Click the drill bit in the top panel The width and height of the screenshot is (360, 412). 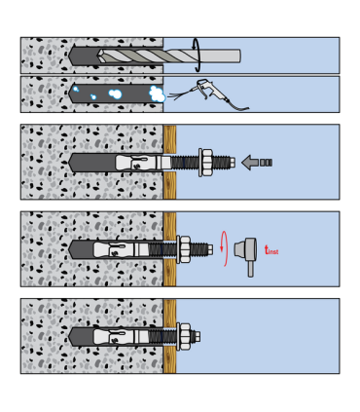tap(168, 56)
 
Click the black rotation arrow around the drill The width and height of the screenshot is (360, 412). tap(198, 55)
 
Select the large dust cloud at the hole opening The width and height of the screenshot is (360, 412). tap(157, 94)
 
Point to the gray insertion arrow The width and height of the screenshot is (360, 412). tap(257, 162)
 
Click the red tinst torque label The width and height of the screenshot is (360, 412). tap(271, 250)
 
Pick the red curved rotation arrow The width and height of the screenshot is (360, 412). tap(224, 248)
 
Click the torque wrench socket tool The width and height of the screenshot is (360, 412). tap(246, 254)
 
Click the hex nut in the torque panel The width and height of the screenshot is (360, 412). tap(185, 249)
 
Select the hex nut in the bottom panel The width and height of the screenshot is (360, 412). tap(185, 337)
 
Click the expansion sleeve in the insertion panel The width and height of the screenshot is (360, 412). tap(143, 163)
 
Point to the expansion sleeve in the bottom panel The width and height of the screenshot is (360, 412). tap(122, 337)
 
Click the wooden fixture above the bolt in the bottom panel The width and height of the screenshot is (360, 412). tap(169, 314)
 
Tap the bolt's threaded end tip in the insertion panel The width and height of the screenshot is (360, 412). tap(233, 163)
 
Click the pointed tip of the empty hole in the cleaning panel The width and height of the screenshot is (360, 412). tap(69, 94)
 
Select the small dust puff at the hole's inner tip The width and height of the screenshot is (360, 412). tap(76, 89)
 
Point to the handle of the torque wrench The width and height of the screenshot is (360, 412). tap(250, 269)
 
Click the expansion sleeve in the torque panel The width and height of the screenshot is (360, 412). tap(122, 249)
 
